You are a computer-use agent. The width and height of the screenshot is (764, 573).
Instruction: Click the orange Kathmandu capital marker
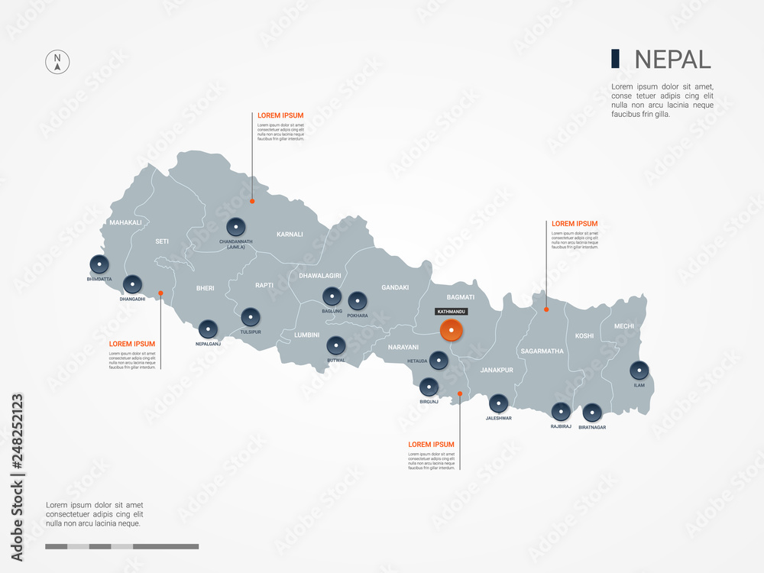452,331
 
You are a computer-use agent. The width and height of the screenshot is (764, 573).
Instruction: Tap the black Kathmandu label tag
451,312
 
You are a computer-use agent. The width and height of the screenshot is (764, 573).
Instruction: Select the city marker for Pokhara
358,301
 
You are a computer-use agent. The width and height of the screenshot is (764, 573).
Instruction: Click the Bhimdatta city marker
99,264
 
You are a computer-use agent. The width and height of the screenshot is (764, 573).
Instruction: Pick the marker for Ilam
639,371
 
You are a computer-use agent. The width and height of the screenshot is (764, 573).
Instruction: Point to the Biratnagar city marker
592,413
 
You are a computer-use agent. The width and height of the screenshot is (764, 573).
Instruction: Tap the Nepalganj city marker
208,329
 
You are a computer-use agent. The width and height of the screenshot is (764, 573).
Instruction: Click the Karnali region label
290,235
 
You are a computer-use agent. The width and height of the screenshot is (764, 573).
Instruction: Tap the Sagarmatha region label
542,351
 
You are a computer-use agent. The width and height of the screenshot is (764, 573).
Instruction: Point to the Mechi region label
623,326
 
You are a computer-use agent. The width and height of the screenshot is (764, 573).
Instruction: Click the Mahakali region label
125,222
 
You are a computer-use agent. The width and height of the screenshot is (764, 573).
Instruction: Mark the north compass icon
57,63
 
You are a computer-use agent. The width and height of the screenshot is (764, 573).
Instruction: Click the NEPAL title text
672,59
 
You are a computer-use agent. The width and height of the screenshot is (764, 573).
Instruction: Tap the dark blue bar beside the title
615,59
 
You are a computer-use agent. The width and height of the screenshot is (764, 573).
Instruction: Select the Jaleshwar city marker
498,403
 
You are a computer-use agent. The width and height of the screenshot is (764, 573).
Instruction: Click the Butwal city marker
336,345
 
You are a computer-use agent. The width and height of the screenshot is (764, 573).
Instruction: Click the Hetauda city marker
439,360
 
